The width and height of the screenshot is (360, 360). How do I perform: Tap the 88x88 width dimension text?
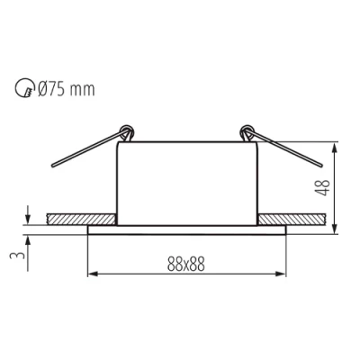point(185,265)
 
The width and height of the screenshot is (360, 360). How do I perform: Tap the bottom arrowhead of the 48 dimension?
point(336,227)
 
